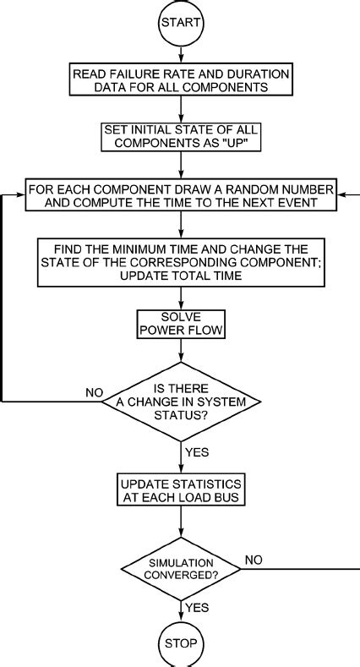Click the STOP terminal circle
point(181,644)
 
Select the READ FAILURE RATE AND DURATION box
point(180,80)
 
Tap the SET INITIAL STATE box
point(180,137)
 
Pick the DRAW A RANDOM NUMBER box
point(180,196)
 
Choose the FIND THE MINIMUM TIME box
point(180,262)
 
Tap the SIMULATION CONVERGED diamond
point(181,568)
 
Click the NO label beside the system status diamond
point(95,392)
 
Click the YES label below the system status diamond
point(197,453)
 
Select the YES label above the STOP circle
point(197,608)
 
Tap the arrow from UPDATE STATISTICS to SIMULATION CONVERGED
point(181,523)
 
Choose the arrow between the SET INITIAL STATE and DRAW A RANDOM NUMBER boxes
point(180,167)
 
